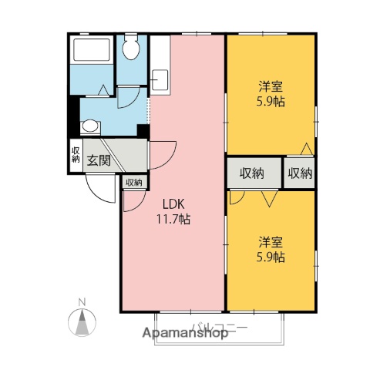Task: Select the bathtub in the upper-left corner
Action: (x=91, y=52)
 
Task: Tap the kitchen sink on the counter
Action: (x=161, y=79)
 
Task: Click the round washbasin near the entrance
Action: (x=90, y=126)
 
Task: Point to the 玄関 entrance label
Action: (x=98, y=160)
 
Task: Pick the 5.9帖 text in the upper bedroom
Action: (x=270, y=102)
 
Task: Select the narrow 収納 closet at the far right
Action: (x=300, y=173)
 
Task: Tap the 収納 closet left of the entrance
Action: (x=76, y=155)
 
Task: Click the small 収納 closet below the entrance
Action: (x=133, y=183)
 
